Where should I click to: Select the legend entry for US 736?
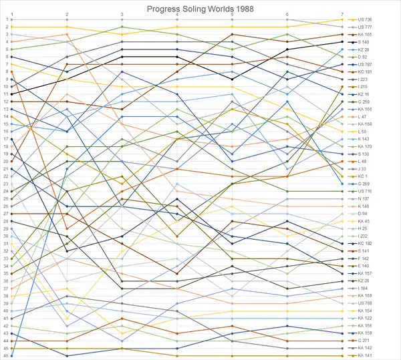pyautogui.click(x=365, y=19)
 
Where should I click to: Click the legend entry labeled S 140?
pyautogui.click(x=364, y=42)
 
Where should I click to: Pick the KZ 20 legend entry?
pyautogui.click(x=364, y=49)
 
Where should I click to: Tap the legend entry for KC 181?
pyautogui.click(x=365, y=71)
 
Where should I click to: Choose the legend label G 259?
pyautogui.click(x=364, y=102)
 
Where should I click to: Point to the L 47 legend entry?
pyautogui.click(x=363, y=117)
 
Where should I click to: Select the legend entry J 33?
pyautogui.click(x=363, y=169)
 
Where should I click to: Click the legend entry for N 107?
pyautogui.click(x=364, y=198)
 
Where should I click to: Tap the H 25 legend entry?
pyautogui.click(x=363, y=228)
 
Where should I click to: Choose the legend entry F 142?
pyautogui.click(x=364, y=258)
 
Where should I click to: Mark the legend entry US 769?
pyautogui.click(x=365, y=303)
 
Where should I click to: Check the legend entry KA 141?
pyautogui.click(x=365, y=356)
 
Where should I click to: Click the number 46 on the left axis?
pyautogui.click(x=5, y=355)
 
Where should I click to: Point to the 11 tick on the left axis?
pyautogui.click(x=5, y=94)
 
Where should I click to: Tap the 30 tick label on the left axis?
pyautogui.click(x=5, y=236)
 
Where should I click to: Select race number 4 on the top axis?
pyautogui.click(x=177, y=14)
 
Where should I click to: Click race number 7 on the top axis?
pyautogui.click(x=342, y=14)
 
